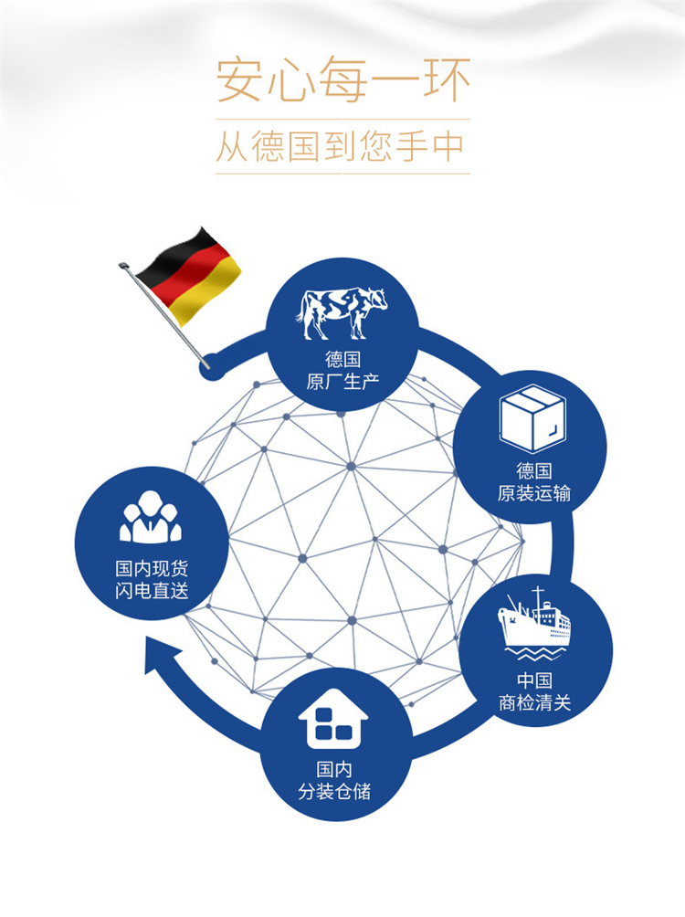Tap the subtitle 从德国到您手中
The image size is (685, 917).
[343, 146]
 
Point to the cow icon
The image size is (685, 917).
[342, 311]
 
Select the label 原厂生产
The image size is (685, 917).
[342, 381]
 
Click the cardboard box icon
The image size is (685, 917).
[533, 417]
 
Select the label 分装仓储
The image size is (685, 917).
[334, 791]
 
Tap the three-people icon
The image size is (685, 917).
[151, 518]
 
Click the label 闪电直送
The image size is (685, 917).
[152, 591]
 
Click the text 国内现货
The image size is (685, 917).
[152, 567]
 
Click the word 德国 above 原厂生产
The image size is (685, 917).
[342, 359]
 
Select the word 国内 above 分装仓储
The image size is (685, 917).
[334, 769]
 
